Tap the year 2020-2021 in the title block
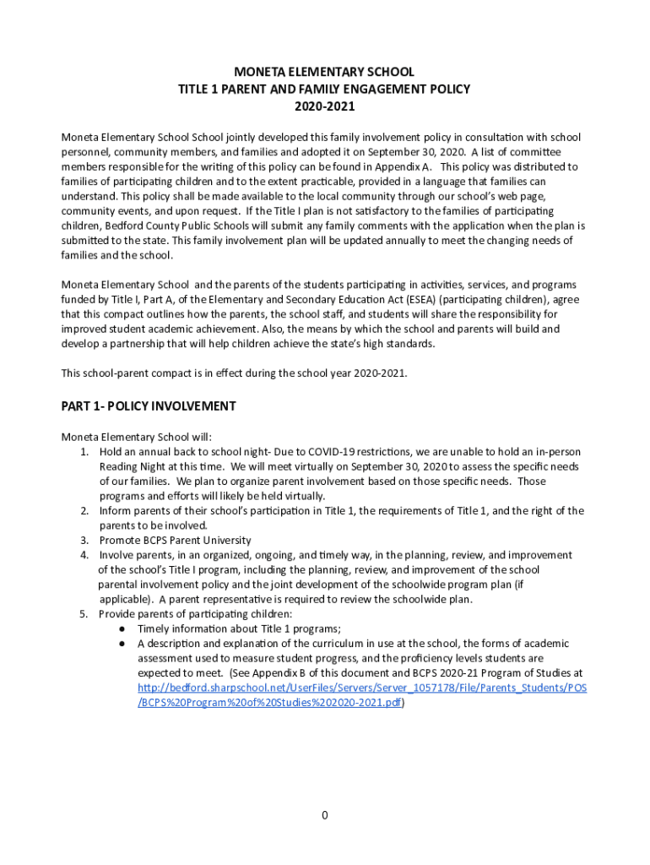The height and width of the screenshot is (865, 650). tap(325, 107)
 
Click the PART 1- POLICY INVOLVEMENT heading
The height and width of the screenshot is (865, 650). tap(149, 406)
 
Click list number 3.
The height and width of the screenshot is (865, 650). tap(84, 541)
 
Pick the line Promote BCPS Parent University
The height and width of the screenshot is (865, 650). tap(175, 541)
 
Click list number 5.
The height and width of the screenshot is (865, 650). tap(84, 614)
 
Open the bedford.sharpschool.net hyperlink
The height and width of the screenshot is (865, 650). tap(362, 688)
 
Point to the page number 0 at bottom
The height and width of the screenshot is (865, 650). tap(324, 815)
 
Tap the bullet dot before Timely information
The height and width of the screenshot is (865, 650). tap(122, 629)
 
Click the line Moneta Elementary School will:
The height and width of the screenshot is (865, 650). tap(136, 437)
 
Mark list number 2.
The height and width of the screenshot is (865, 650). tap(84, 511)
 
